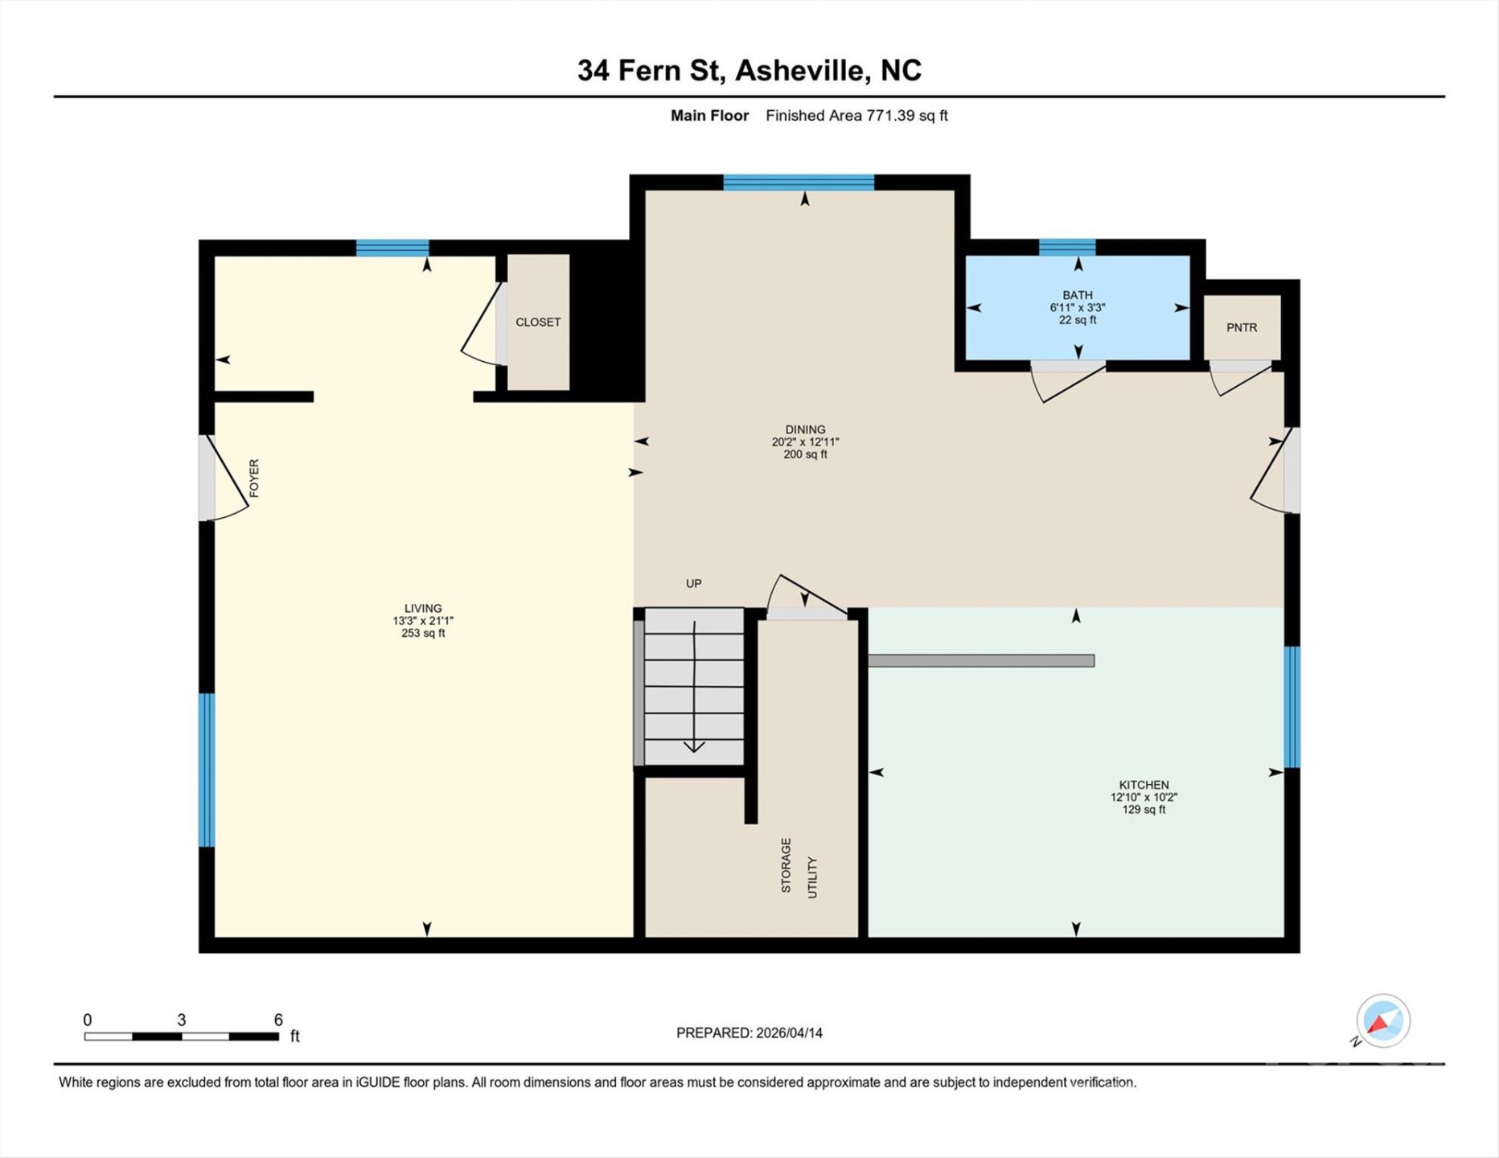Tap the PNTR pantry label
tap(1241, 327)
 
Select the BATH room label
tap(1077, 295)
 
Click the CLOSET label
tap(538, 322)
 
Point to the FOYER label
tap(254, 478)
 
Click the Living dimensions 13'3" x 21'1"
tap(423, 621)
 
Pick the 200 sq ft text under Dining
tap(805, 454)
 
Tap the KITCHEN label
tap(1144, 785)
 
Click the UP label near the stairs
tap(693, 583)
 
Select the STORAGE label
tap(786, 864)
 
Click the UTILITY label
tap(811, 877)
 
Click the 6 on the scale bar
tap(278, 1020)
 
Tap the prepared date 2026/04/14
tap(788, 1033)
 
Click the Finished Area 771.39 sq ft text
tap(856, 116)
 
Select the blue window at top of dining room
tap(798, 183)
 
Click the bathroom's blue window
tap(1066, 247)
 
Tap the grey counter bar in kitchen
tap(980, 660)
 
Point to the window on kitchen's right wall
tap(1291, 707)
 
